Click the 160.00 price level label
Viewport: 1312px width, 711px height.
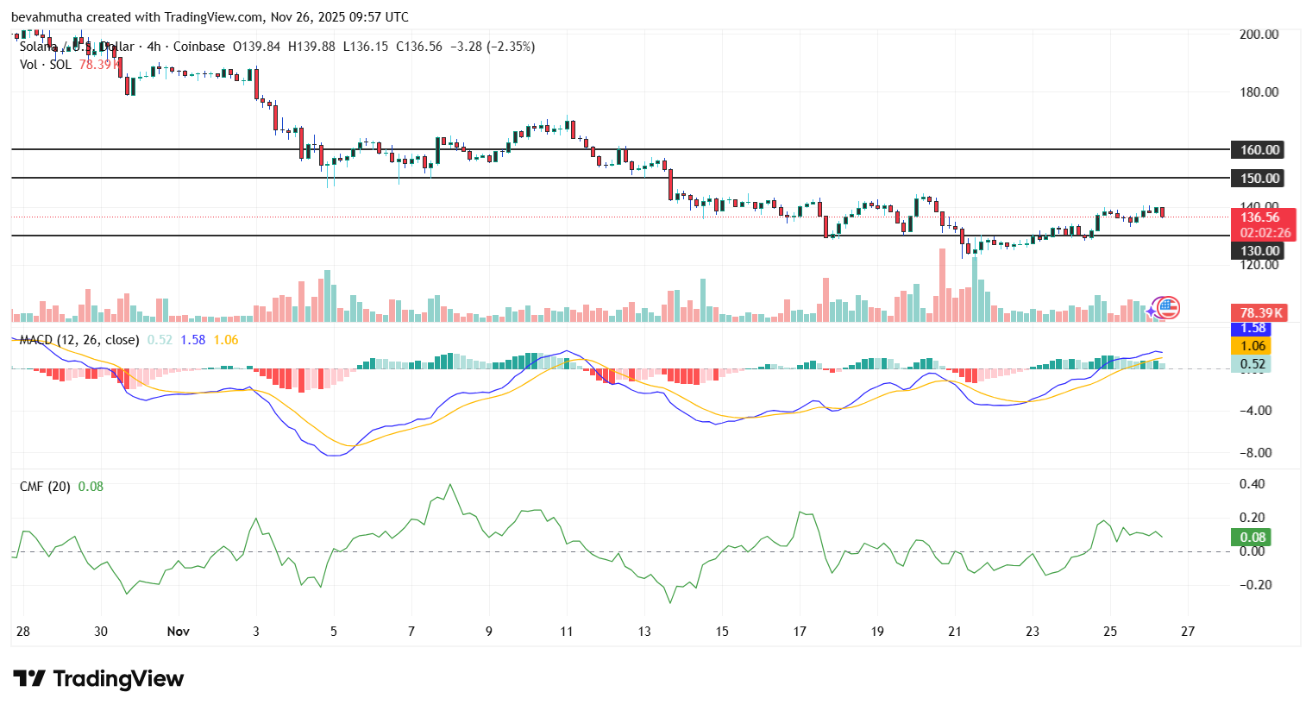pos(1259,150)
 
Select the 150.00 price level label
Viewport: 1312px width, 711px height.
pos(1259,179)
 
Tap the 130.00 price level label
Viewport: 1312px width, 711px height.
pos(1259,251)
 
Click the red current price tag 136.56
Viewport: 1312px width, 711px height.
pos(1259,217)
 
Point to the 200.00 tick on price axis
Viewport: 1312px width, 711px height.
pos(1259,35)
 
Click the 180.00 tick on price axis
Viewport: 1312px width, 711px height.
pos(1259,92)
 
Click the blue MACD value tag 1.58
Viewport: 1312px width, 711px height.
pos(1252,329)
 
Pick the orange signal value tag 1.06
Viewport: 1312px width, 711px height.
pos(1252,346)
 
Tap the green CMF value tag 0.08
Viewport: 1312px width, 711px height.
pos(1252,538)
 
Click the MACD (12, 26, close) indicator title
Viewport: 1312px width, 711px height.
pos(79,340)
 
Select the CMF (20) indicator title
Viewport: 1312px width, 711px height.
pos(45,487)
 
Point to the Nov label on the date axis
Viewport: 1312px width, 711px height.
pos(179,632)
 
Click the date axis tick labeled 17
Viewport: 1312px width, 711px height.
pos(800,632)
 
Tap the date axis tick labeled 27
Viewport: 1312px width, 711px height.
pos(1188,632)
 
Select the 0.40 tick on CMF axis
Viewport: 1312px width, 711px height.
pos(1252,484)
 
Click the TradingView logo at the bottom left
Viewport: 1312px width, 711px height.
pos(98,679)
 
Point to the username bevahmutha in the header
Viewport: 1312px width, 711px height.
pos(47,17)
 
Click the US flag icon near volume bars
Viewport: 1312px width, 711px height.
pos(1168,307)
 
